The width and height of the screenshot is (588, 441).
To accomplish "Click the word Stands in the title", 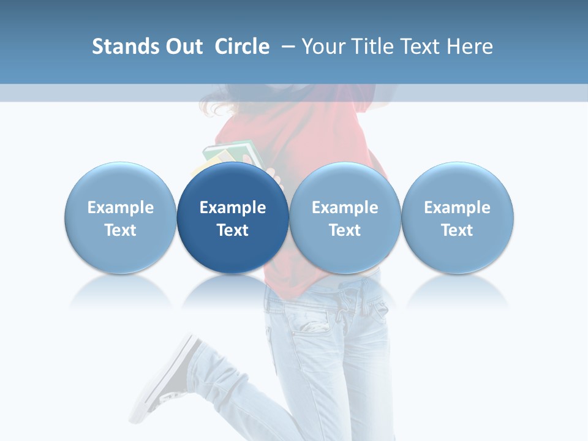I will point(121,47).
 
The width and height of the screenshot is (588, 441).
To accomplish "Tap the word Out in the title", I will point(183,47).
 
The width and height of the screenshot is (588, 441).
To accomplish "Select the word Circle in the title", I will point(242,47).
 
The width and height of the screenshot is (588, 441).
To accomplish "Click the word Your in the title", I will point(323,47).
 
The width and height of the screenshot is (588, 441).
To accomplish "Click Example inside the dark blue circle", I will point(233,208).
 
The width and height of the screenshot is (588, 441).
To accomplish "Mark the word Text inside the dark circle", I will point(233,230).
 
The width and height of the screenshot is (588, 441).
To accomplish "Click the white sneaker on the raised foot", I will point(165,374).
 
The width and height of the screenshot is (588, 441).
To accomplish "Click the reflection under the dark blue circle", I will point(233,291).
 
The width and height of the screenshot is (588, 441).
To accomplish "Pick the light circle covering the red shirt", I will point(345,217).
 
